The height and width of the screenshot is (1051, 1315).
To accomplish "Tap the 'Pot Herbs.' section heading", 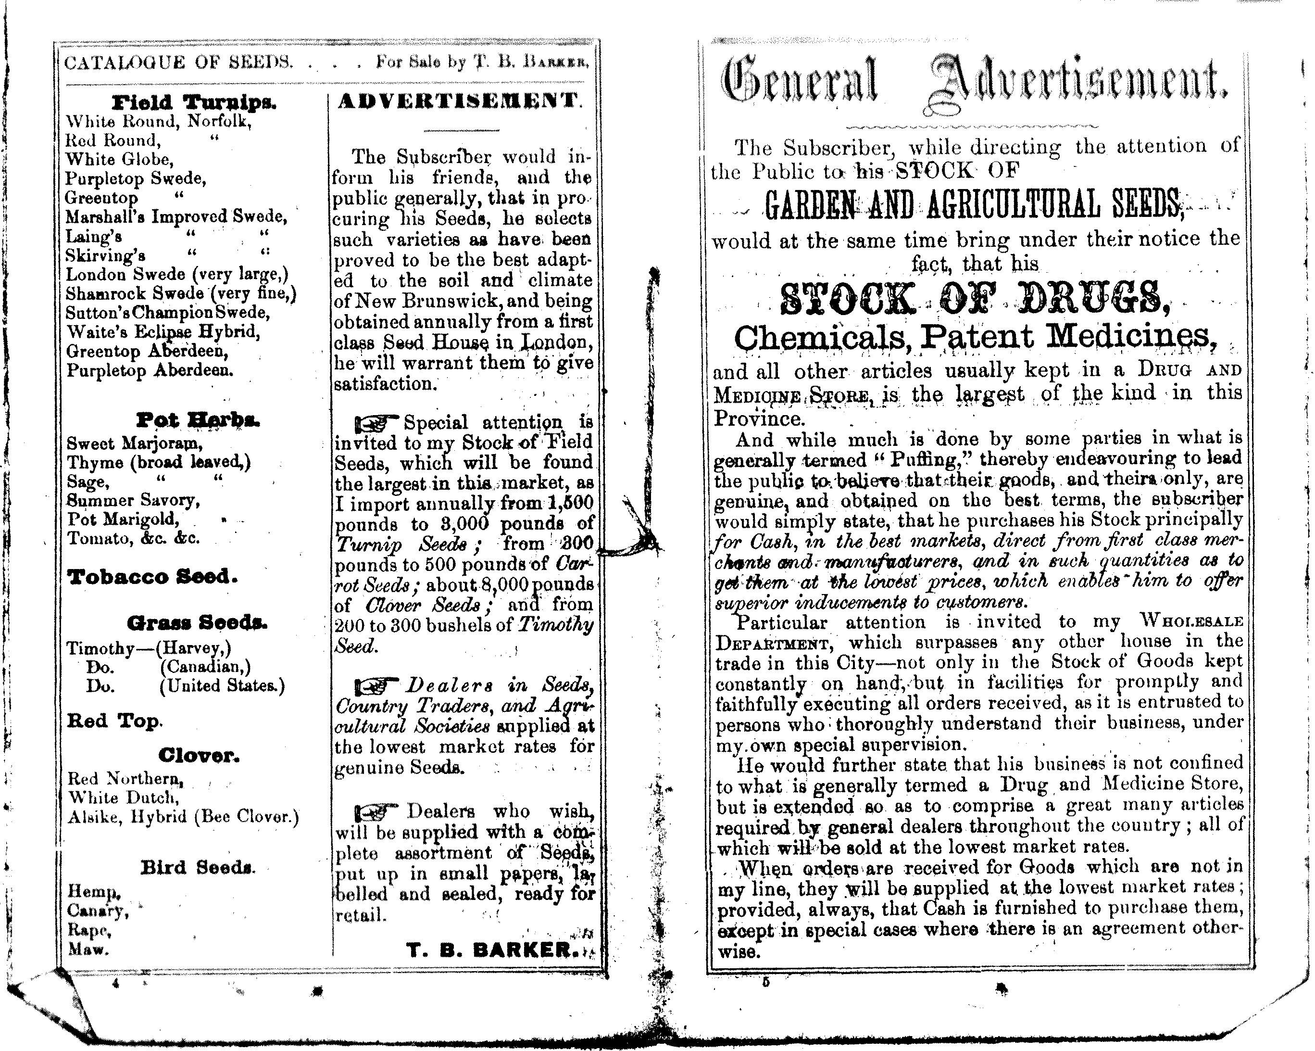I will click(198, 420).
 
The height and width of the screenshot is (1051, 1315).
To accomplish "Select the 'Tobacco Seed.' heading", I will click(152, 577).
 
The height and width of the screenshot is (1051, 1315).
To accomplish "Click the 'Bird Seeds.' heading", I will click(198, 867).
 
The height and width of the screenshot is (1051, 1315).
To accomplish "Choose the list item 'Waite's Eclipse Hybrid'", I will click(163, 332).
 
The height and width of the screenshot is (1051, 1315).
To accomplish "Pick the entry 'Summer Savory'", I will click(133, 500).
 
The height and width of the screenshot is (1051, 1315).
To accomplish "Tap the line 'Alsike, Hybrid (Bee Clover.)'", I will click(183, 817).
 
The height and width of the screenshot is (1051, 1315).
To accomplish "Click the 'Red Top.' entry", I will click(114, 721).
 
